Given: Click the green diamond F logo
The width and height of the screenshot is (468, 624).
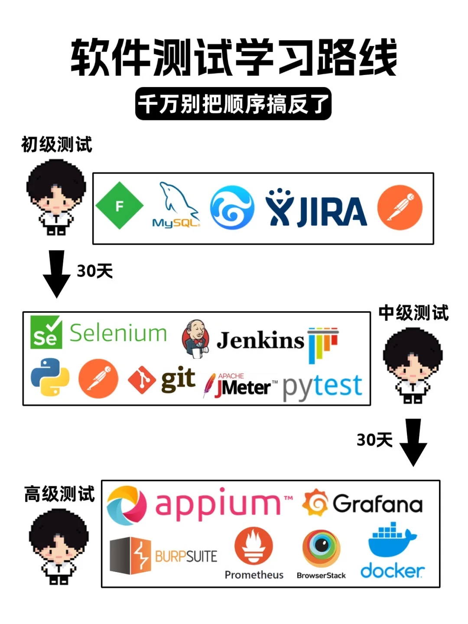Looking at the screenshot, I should click(x=119, y=206).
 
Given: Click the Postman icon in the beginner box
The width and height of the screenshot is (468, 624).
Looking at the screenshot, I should click(x=400, y=208).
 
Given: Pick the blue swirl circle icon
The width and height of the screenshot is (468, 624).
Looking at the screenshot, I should click(x=232, y=208).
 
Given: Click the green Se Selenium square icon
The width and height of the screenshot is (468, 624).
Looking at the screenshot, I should click(x=46, y=333).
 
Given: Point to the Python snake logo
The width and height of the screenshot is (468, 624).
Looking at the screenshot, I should click(x=50, y=377).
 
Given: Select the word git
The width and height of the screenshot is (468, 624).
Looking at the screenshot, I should click(x=178, y=379).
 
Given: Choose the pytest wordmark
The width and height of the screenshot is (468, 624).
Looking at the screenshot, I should click(x=322, y=386).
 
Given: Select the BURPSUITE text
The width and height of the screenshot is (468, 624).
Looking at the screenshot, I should click(x=186, y=556).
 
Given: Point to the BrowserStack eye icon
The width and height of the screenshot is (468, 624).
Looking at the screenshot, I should click(x=321, y=549).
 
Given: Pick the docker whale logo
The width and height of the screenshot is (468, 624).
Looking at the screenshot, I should click(x=391, y=540).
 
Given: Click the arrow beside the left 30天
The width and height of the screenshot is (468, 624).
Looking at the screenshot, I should click(x=56, y=273).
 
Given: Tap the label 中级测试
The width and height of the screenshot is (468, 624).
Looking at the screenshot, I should click(x=413, y=313).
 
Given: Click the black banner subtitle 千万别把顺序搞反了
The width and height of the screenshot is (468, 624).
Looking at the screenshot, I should click(x=233, y=104).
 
